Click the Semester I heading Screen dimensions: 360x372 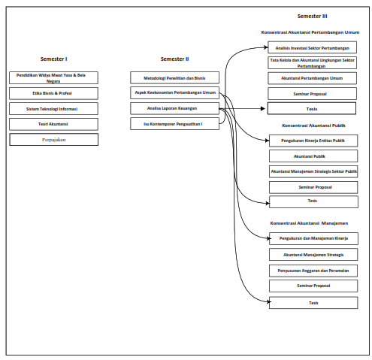(53, 59)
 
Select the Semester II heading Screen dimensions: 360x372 (174, 59)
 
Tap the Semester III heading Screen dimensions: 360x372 (313, 16)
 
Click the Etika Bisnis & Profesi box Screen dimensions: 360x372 (53, 93)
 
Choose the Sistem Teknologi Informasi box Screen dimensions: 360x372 (53, 109)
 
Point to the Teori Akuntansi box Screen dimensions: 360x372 (53, 124)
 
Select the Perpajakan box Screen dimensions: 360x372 (53, 140)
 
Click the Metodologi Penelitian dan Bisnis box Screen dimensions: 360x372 (174, 77)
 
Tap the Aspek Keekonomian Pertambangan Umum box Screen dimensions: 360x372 (174, 93)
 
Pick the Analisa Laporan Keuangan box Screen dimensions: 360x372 (174, 109)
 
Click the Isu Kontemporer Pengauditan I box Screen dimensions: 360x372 (174, 124)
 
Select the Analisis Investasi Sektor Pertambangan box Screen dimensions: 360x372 (313, 47)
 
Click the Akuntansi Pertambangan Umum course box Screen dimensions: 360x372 (313, 78)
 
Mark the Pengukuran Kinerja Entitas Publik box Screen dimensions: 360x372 (313, 140)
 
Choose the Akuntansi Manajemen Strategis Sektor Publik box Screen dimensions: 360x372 (313, 171)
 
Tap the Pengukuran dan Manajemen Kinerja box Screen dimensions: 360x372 (313, 238)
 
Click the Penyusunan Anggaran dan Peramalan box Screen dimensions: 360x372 (313, 270)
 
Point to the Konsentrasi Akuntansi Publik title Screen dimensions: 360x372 (313, 126)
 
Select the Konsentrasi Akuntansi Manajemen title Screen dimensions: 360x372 (309, 223)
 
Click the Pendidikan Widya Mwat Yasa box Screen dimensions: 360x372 (53, 77)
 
